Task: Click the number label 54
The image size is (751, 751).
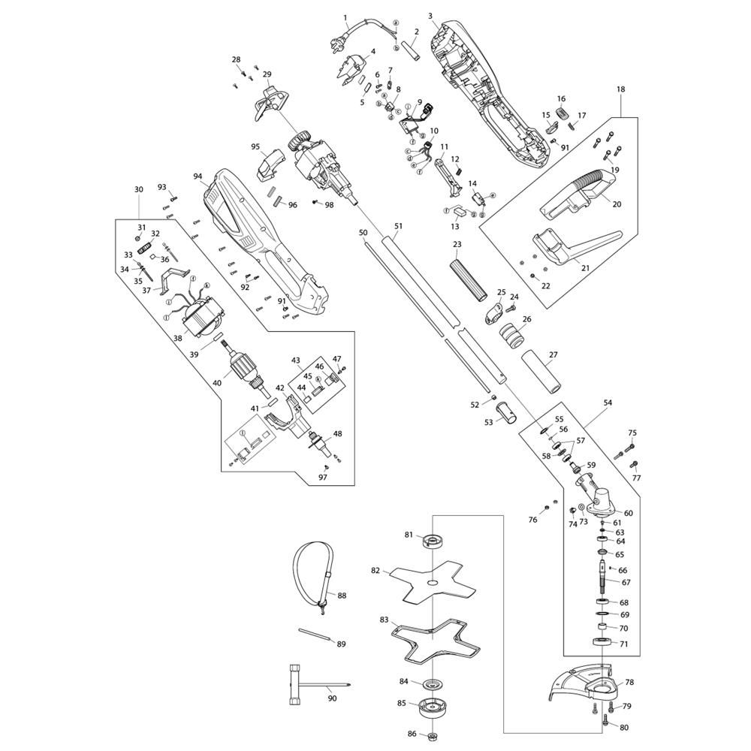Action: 608,403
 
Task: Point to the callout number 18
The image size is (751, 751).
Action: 621,89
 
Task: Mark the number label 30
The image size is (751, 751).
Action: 138,190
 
